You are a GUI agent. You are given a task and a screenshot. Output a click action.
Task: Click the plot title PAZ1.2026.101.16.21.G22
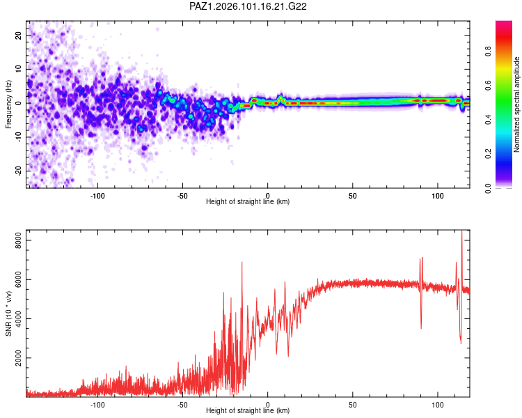248,6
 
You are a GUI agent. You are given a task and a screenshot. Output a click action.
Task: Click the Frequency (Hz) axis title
8,104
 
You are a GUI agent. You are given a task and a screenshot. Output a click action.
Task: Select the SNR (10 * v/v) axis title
8,313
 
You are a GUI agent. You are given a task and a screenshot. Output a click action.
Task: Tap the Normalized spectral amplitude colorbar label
516,104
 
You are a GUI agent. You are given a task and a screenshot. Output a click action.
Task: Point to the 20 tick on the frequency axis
18,35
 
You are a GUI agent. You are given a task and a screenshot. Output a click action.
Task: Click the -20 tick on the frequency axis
18,171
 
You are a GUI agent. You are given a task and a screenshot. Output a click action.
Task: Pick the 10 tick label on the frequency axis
18,69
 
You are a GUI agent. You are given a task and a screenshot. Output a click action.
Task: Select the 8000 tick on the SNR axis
18,240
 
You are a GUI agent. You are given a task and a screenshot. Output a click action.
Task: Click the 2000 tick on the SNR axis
18,357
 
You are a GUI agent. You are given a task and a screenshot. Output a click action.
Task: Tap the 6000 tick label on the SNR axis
18,279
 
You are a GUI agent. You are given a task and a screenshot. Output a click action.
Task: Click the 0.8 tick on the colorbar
488,52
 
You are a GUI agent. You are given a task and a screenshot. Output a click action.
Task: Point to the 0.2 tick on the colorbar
488,154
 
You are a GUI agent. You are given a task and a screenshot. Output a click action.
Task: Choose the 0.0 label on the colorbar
488,188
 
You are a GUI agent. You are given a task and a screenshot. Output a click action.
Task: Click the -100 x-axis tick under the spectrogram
97,196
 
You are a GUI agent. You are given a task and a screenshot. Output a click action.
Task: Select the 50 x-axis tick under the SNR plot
353,405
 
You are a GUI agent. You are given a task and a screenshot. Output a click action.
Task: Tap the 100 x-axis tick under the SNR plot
438,405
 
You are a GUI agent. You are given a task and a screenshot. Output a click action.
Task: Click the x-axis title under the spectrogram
248,201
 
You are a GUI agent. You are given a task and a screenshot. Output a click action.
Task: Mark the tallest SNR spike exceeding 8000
461,231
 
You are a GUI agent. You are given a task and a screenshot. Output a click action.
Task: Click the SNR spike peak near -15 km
242,263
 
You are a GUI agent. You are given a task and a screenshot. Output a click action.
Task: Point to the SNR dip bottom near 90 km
421,328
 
